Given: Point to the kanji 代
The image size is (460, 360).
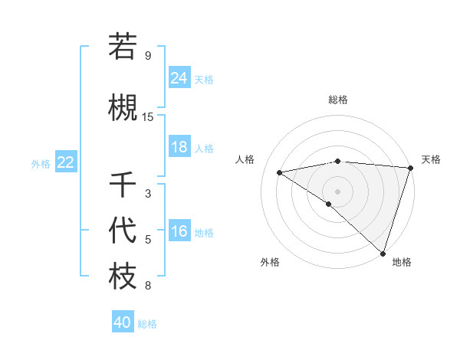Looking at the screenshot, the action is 123,230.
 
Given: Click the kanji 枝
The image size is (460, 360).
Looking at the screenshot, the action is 123,277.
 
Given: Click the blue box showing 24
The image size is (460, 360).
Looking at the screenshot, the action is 179,77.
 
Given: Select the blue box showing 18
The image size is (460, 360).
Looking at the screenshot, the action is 179,147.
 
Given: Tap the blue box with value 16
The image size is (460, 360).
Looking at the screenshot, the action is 179,232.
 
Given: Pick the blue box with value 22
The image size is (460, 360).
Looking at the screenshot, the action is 65,162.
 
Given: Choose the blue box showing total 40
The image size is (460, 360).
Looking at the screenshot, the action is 123,322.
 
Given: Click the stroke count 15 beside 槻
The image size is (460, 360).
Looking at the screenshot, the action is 148,117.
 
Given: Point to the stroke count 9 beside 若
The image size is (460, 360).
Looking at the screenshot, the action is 148,56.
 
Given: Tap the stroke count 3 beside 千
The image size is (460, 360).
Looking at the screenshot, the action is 148,194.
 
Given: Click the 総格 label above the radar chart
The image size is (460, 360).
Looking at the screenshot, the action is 337,100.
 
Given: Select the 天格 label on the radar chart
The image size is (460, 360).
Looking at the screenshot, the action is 431,159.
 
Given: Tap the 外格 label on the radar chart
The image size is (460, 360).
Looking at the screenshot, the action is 270,263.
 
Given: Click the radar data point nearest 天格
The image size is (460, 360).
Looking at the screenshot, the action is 410,168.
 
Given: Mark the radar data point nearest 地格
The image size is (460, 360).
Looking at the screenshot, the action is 383,253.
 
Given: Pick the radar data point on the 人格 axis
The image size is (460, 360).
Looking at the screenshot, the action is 280,172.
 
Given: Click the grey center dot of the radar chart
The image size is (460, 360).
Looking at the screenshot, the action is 337,191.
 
